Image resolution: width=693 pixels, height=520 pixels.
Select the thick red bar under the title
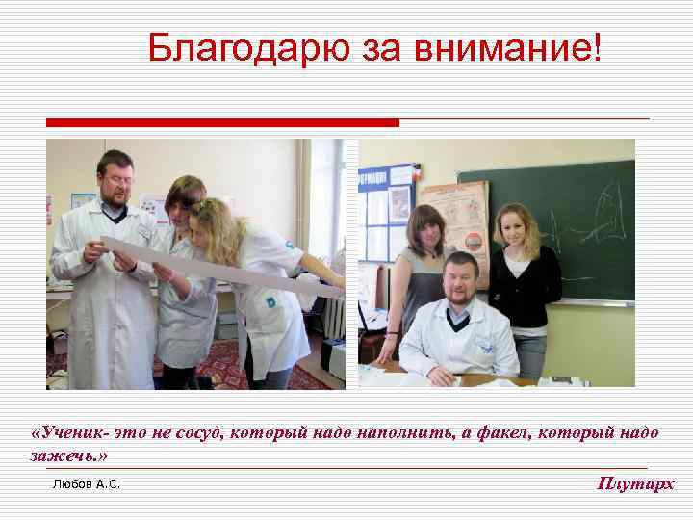click(222, 123)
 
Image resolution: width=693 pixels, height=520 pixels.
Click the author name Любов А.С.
click(86, 484)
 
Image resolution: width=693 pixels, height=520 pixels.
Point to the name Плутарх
click(636, 483)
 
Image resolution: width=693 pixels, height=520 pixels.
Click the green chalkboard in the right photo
click(577, 221)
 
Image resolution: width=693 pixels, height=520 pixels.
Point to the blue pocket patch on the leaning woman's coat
click(271, 299)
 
